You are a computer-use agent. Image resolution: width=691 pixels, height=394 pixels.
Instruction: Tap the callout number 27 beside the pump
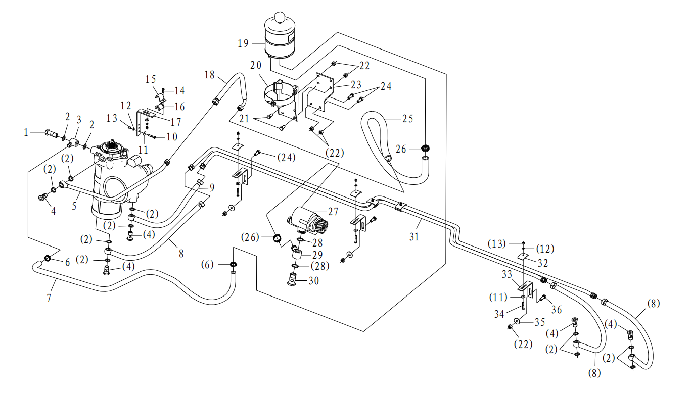click(x=333, y=212)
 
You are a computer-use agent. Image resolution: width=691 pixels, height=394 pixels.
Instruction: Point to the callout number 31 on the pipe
click(x=414, y=237)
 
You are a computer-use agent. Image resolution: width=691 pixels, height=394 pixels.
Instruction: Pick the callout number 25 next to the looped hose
click(x=407, y=119)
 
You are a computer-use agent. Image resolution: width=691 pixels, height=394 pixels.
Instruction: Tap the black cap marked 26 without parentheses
click(x=426, y=149)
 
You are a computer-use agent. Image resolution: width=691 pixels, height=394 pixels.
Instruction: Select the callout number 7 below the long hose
click(x=49, y=298)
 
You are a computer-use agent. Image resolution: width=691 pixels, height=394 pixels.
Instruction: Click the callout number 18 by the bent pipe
click(x=209, y=75)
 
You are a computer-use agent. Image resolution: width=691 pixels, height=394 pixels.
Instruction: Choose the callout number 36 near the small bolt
click(x=557, y=310)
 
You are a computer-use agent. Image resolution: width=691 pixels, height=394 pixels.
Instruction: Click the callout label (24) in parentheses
click(x=286, y=158)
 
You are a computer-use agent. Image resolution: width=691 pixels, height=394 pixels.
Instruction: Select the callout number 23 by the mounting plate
click(x=356, y=85)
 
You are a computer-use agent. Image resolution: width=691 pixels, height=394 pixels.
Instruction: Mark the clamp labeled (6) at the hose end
click(x=234, y=264)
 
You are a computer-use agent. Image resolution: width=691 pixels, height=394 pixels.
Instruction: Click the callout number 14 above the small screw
click(x=179, y=91)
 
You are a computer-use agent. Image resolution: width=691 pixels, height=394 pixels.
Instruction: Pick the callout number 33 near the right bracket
click(x=507, y=274)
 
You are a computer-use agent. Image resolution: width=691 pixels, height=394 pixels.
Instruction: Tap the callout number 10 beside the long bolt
click(x=172, y=137)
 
